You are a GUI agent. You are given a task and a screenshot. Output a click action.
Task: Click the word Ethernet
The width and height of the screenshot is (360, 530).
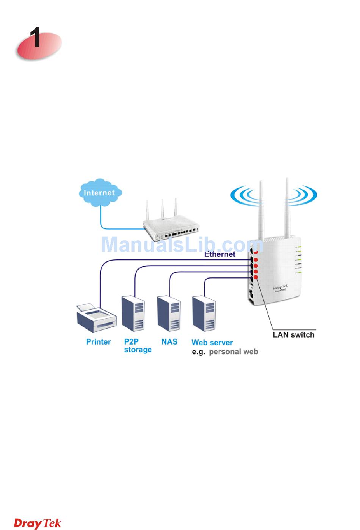(220, 254)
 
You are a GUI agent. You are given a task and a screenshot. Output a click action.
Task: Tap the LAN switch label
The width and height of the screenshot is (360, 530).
(294, 335)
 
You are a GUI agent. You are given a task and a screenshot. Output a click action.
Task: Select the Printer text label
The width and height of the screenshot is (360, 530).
(99, 342)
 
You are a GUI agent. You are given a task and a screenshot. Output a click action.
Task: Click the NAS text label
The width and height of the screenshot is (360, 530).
(169, 342)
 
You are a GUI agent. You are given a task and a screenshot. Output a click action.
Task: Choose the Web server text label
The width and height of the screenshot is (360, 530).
(212, 342)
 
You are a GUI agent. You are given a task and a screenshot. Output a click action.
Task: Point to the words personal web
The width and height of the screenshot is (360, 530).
(233, 352)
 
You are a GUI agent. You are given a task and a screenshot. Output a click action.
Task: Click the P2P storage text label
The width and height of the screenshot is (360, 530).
(138, 345)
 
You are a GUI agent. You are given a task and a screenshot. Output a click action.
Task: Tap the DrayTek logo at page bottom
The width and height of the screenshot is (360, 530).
(38, 523)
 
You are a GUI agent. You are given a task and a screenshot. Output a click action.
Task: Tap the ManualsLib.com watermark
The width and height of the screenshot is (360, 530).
(182, 245)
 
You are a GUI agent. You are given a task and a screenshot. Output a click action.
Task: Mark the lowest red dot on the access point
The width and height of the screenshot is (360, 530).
(256, 278)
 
